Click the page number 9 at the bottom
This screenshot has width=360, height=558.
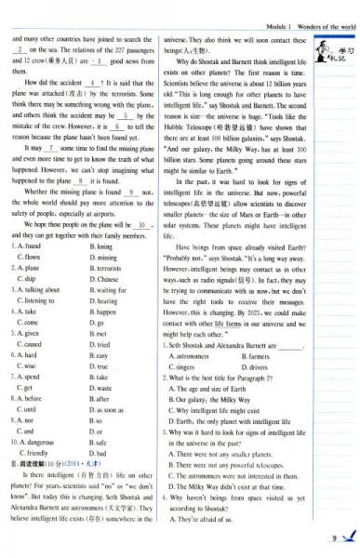click(333, 537)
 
